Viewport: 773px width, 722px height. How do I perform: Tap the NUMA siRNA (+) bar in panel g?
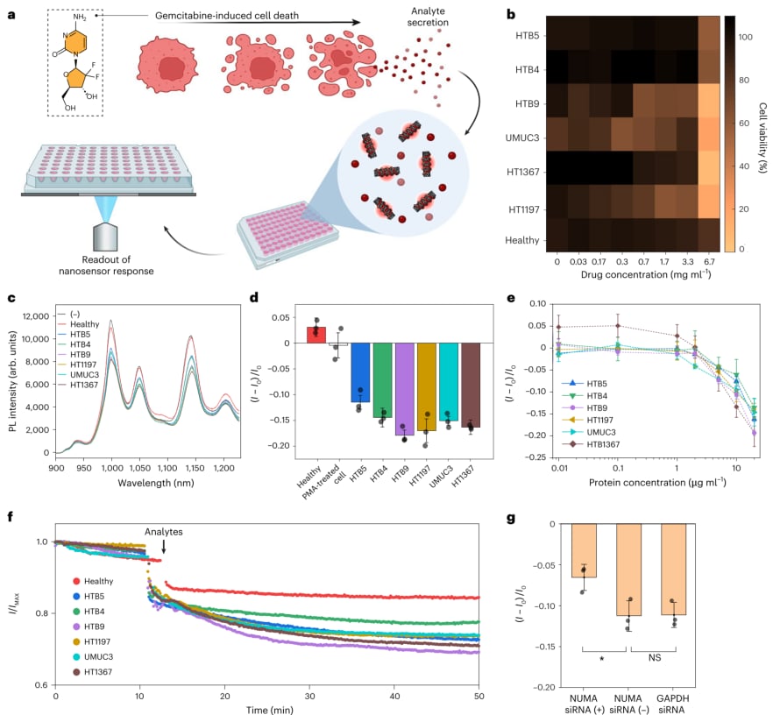tap(584, 550)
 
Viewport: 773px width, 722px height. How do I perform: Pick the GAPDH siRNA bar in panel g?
tap(673, 570)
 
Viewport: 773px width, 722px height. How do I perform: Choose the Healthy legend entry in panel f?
tap(93, 581)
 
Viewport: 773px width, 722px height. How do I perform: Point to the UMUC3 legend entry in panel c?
tap(78, 374)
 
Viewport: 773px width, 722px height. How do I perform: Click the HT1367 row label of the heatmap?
tap(523, 172)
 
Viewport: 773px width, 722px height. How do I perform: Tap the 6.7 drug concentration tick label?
tap(709, 261)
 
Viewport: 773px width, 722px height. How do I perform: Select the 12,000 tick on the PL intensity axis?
tap(35, 316)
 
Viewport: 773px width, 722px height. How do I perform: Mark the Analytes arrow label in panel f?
tap(164, 532)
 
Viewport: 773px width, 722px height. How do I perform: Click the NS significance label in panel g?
tap(654, 657)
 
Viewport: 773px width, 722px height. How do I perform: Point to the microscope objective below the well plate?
tap(105, 237)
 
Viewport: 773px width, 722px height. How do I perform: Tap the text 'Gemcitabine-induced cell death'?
tap(227, 16)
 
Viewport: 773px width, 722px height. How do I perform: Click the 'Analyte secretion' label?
tap(428, 17)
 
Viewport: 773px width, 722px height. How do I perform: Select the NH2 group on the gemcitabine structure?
tap(80, 18)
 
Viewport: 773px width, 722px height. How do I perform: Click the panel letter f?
tap(11, 516)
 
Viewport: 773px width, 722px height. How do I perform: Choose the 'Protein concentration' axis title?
tap(657, 482)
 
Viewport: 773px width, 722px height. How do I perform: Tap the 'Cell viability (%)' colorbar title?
tap(762, 138)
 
